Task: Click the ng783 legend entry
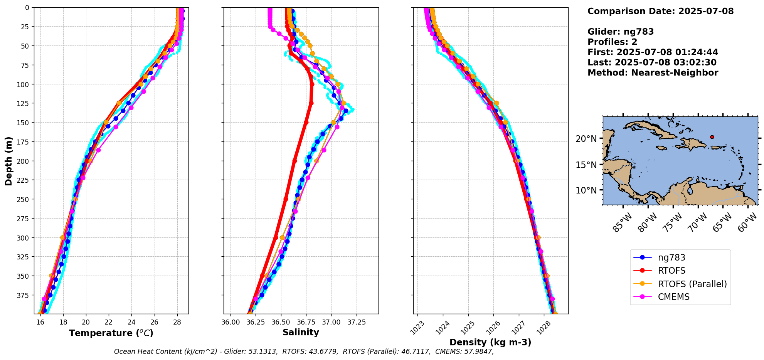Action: click(x=671, y=257)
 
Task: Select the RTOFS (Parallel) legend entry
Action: click(x=692, y=284)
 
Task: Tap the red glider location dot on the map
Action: click(x=712, y=137)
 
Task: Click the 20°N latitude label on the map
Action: click(x=586, y=139)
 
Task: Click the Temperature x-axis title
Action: click(x=111, y=333)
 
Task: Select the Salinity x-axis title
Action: click(x=301, y=332)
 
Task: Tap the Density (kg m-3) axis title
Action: click(x=490, y=342)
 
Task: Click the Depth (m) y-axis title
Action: click(x=8, y=161)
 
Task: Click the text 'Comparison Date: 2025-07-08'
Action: click(x=660, y=11)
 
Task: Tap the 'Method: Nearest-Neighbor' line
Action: click(x=653, y=73)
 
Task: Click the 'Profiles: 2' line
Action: click(x=612, y=42)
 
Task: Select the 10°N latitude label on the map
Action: click(x=586, y=190)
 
